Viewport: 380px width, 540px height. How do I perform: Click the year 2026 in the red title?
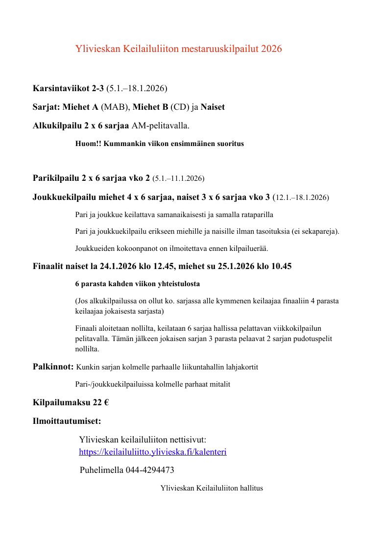[272, 49]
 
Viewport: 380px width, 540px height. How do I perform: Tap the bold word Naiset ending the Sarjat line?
[213, 107]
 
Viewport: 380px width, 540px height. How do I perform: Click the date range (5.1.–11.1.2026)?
[178, 178]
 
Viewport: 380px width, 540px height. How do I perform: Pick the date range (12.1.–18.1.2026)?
[301, 198]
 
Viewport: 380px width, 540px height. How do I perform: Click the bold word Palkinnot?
[53, 367]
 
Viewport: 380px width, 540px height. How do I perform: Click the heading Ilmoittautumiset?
[67, 421]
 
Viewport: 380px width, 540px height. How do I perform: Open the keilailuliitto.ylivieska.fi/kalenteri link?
[153, 452]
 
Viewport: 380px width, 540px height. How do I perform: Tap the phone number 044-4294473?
[150, 470]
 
